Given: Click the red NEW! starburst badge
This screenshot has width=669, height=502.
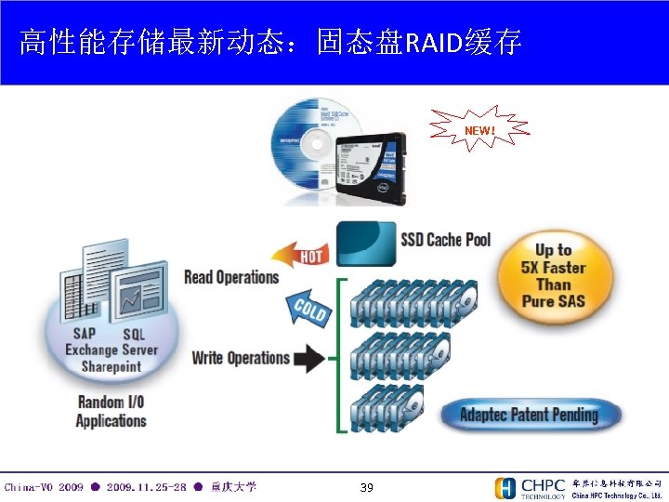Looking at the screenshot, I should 479,131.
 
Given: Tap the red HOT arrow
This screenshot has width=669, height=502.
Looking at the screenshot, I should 303,252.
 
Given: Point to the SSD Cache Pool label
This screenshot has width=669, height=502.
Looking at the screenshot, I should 445,240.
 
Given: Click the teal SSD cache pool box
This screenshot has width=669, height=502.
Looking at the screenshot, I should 365,244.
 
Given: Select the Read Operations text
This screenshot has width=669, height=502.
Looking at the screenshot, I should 231,277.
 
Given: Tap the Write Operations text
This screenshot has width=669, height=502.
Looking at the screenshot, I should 241,358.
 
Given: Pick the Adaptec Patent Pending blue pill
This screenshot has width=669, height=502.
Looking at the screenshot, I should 529,415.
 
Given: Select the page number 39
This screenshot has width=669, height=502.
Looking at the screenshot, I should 366,487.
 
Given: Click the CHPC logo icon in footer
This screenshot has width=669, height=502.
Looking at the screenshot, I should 505,488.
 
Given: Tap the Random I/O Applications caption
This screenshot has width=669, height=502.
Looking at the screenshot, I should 111,411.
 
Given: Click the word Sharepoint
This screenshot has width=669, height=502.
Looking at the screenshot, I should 111,366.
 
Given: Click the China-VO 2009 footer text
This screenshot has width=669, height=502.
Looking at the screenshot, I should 44,487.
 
